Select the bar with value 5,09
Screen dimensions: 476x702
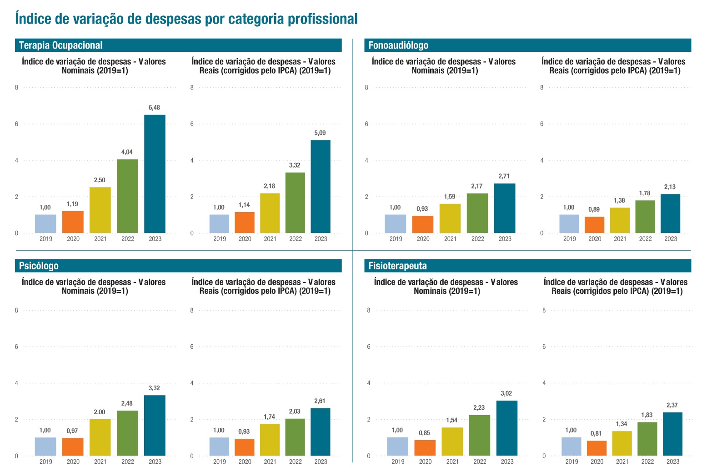coord(321,187)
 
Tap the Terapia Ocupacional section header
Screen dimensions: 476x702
coord(61,45)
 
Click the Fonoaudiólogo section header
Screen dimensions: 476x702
coord(398,45)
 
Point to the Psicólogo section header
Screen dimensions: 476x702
coord(39,266)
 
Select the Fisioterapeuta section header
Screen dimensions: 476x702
coord(397,266)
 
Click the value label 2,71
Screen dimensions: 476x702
coord(504,176)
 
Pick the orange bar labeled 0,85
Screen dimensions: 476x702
coord(425,448)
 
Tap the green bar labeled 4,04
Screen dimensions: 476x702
coord(127,196)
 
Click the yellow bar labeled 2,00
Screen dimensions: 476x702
coord(100,437)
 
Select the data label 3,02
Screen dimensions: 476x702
coord(506,393)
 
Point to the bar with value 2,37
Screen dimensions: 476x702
coord(672,434)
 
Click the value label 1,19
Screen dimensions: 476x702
coord(72,204)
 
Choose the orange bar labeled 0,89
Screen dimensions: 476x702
coord(594,225)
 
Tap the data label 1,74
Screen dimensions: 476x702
coord(269,416)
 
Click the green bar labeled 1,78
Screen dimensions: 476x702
coord(645,217)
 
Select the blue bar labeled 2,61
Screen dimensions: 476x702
coord(321,432)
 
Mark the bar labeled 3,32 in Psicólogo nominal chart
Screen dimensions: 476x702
coord(155,426)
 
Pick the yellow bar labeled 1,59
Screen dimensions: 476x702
coord(450,218)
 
